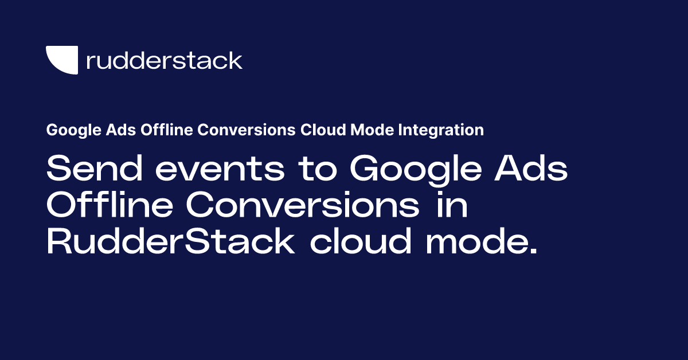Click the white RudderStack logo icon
61,60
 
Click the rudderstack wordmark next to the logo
164,60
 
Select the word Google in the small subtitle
67,131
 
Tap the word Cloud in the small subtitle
318,130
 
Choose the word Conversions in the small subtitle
238,130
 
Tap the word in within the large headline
450,207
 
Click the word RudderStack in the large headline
170,244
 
